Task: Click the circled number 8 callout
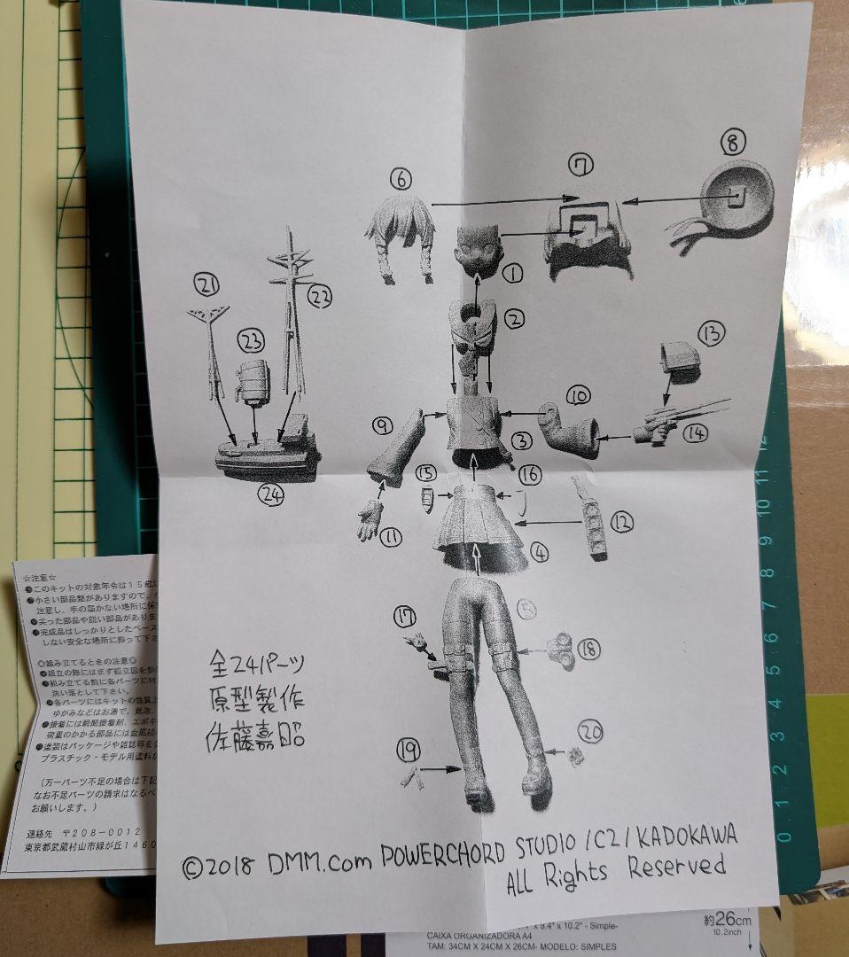(735, 142)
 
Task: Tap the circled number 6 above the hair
(401, 179)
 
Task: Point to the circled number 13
(711, 334)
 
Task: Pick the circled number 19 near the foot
(408, 751)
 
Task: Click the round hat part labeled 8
(736, 202)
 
